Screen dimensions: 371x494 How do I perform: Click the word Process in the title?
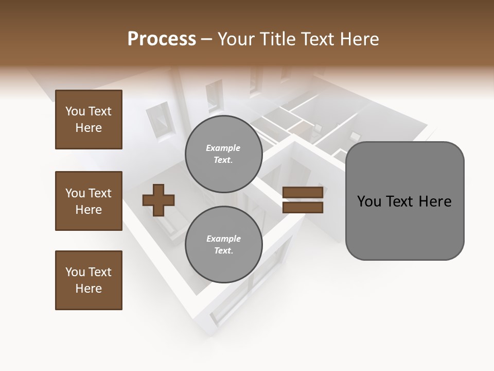(162, 39)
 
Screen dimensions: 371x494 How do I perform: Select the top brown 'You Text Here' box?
(89, 120)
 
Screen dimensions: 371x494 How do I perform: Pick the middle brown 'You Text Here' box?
(89, 201)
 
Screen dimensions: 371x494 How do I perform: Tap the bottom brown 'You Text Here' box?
(89, 280)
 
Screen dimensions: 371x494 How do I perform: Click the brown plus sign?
(158, 199)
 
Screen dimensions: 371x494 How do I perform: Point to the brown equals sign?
(303, 200)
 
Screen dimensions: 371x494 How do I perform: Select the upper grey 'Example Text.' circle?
(223, 154)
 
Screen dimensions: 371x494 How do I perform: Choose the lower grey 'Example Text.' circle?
(223, 244)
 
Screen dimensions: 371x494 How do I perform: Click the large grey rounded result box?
(404, 201)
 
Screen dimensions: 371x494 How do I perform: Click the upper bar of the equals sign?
(303, 193)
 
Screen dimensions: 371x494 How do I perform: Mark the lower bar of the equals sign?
(303, 207)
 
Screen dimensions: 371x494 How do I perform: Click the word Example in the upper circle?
(223, 148)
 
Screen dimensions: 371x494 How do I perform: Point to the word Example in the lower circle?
(223, 239)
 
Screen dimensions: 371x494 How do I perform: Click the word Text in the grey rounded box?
(401, 201)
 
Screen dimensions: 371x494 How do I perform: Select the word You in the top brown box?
(75, 111)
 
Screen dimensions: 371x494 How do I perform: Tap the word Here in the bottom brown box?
(89, 289)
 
